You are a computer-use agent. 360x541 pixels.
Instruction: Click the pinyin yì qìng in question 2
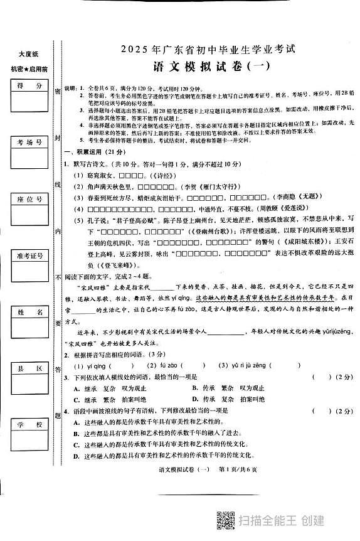tap(92, 365)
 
